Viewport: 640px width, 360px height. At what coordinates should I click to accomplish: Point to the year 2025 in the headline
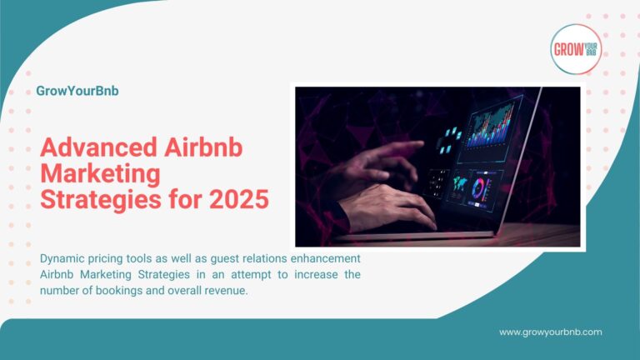[240, 200]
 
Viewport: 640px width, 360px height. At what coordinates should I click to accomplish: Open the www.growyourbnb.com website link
[550, 332]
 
